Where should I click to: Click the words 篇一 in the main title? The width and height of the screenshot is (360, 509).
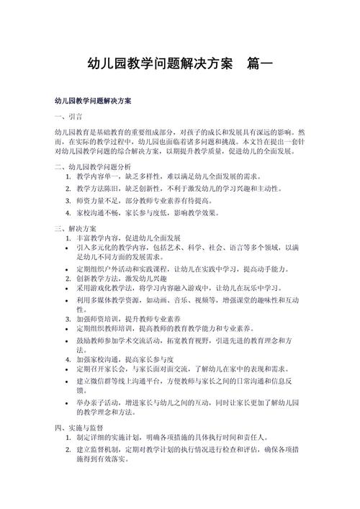(259, 63)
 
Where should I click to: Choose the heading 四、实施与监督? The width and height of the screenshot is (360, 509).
(79, 427)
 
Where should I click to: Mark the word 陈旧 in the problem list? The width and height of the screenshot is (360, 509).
(122, 189)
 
